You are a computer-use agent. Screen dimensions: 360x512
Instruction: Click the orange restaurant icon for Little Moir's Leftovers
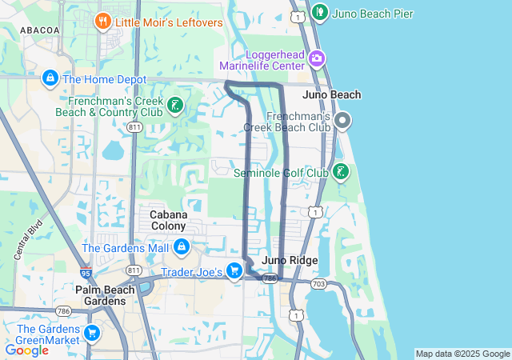102,22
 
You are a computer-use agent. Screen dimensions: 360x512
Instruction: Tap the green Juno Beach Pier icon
320,12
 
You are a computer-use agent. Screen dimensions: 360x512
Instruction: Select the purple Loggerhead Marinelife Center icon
317,58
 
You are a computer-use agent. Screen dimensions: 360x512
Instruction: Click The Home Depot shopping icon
50,79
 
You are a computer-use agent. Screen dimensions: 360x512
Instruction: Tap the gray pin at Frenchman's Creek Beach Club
342,122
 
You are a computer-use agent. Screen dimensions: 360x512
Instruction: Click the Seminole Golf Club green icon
340,172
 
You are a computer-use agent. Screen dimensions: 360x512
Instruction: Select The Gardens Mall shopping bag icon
182,247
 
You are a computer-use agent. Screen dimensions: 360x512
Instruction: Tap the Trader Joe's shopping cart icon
234,271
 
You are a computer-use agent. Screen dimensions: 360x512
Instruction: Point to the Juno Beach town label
332,94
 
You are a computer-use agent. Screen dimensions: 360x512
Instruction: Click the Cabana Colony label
169,220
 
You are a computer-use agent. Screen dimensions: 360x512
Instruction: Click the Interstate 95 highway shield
86,273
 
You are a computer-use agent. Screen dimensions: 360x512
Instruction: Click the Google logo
26,350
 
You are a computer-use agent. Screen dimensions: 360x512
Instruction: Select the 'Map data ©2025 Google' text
462,354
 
